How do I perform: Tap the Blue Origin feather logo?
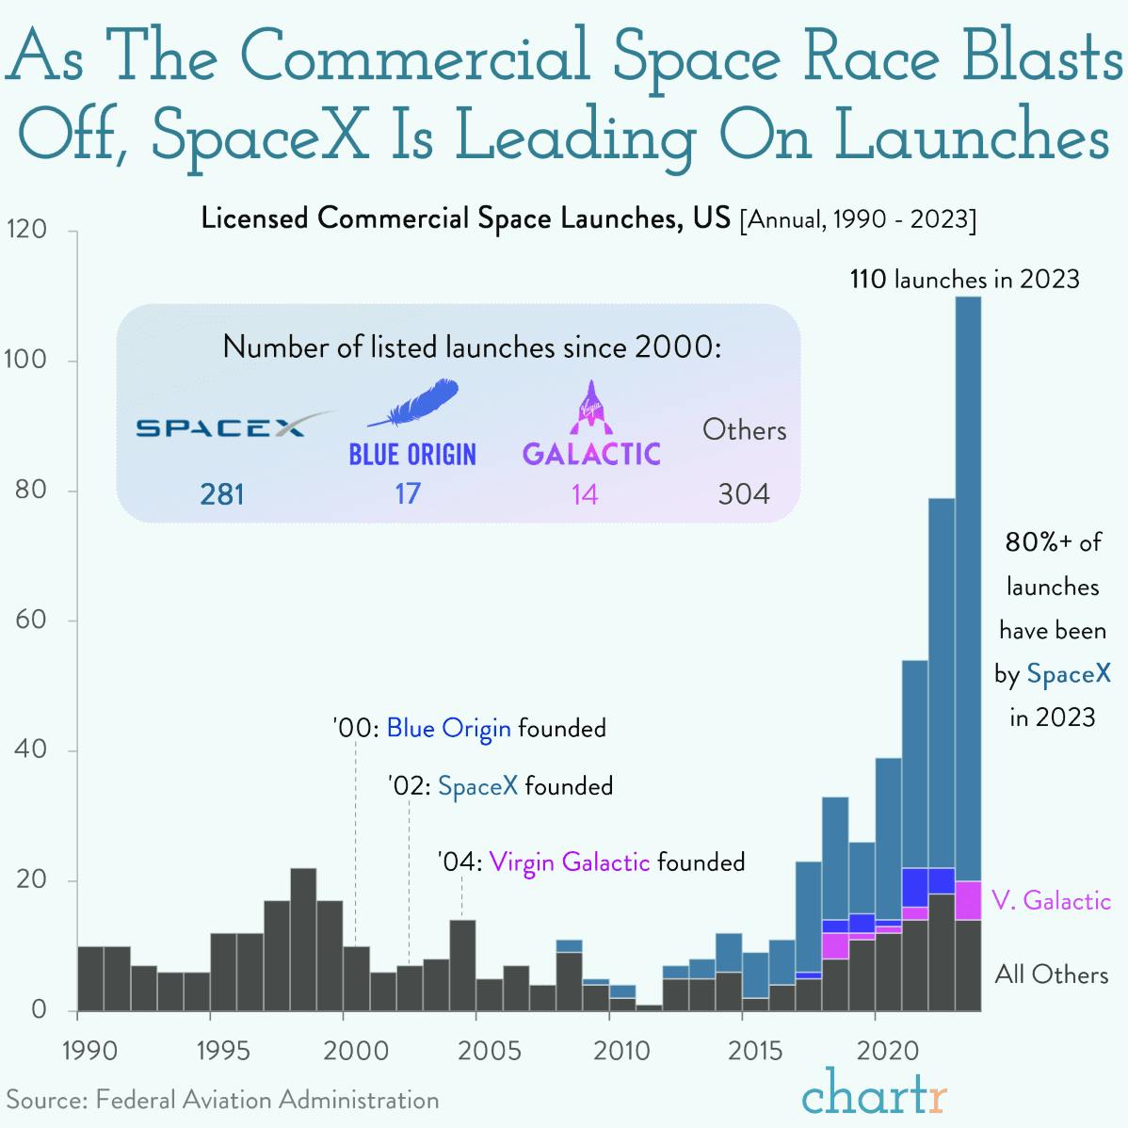pos(412,405)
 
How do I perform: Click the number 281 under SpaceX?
pos(222,493)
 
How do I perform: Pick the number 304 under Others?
pos(743,493)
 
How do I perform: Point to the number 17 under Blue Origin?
pos(408,493)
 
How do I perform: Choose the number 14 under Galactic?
pos(585,493)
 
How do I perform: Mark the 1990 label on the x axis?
pos(90,1050)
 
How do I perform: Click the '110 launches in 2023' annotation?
pos(964,280)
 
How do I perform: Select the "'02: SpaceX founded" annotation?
pos(500,785)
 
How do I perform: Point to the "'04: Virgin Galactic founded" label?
pos(590,862)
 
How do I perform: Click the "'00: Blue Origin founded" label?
pos(469,728)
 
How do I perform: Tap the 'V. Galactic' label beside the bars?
pos(1051,901)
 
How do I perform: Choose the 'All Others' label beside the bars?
pos(1051,974)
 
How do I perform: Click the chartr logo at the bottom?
pos(874,1094)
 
